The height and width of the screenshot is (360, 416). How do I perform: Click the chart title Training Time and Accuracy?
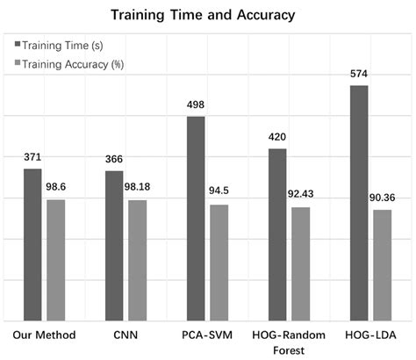coord(208,15)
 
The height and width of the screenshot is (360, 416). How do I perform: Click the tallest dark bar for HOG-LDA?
coord(359,203)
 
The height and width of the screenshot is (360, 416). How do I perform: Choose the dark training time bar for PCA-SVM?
coord(196,219)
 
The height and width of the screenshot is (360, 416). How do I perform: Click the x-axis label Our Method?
coord(45,335)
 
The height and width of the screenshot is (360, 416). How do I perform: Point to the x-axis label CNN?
coord(126,335)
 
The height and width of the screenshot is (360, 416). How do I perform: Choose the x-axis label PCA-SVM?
coord(207,335)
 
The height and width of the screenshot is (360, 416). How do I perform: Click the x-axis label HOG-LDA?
coord(369,335)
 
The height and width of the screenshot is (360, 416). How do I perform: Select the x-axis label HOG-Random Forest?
coord(289,342)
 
